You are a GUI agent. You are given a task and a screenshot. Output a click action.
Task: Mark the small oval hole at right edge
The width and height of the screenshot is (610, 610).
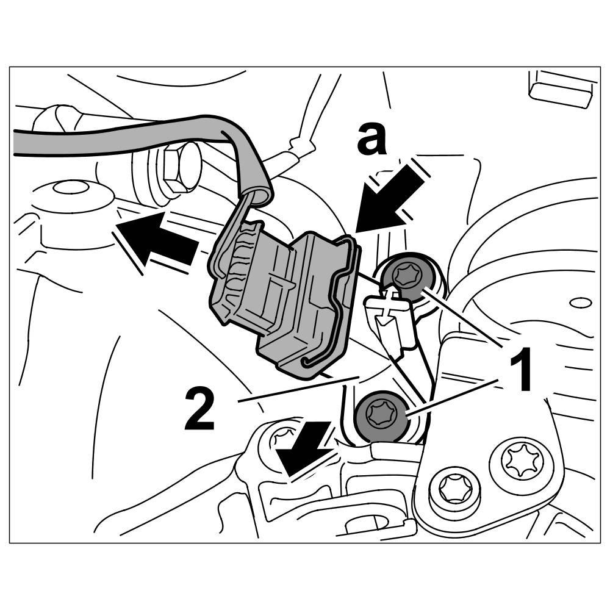pos(580,302)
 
